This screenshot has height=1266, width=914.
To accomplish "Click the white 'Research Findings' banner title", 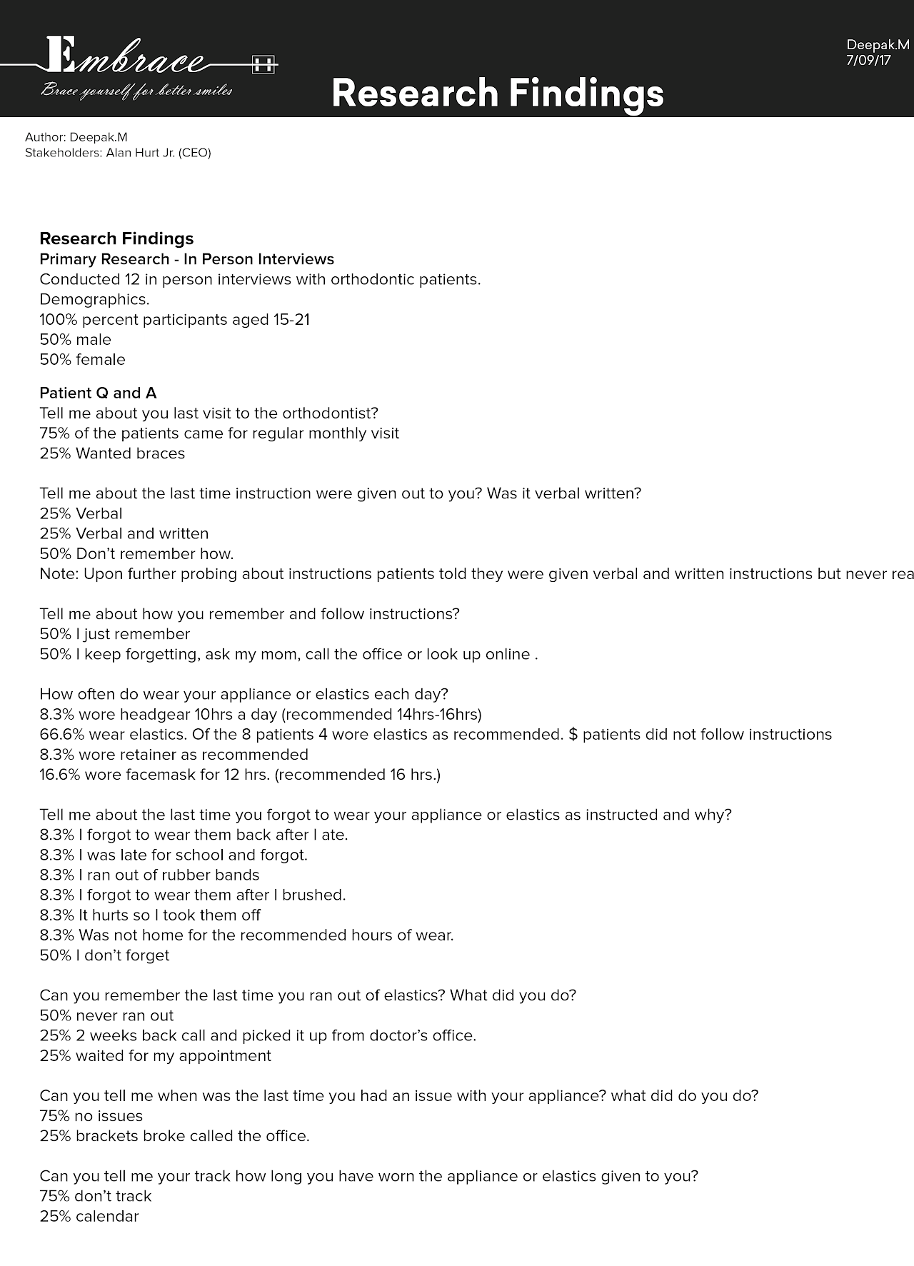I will click(498, 93).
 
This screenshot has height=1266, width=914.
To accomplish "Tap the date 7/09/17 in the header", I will click(868, 61).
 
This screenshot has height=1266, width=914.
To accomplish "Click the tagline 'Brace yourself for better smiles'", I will click(136, 91).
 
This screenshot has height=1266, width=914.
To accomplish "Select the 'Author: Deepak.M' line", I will click(76, 137).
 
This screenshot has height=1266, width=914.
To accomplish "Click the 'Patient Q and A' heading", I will click(98, 393).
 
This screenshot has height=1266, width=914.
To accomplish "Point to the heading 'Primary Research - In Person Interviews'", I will click(186, 259).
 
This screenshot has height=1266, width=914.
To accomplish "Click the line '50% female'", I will click(82, 360).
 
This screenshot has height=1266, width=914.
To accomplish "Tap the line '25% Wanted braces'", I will click(112, 453).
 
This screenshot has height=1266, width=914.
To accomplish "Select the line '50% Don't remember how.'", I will click(136, 554).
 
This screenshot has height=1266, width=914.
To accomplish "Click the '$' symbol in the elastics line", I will click(573, 735).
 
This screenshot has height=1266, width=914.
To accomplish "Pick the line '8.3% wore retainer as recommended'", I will click(174, 755).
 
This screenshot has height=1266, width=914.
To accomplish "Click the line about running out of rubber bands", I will click(149, 875).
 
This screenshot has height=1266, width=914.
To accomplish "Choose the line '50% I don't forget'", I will click(104, 955).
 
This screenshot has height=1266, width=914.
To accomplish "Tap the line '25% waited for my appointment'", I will click(155, 1056).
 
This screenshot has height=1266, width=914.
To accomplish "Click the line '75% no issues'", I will click(91, 1116).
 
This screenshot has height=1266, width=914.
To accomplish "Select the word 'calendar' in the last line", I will click(107, 1217).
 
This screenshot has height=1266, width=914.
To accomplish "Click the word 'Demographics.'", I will click(94, 300).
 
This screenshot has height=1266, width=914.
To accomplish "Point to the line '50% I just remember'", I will click(114, 634).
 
